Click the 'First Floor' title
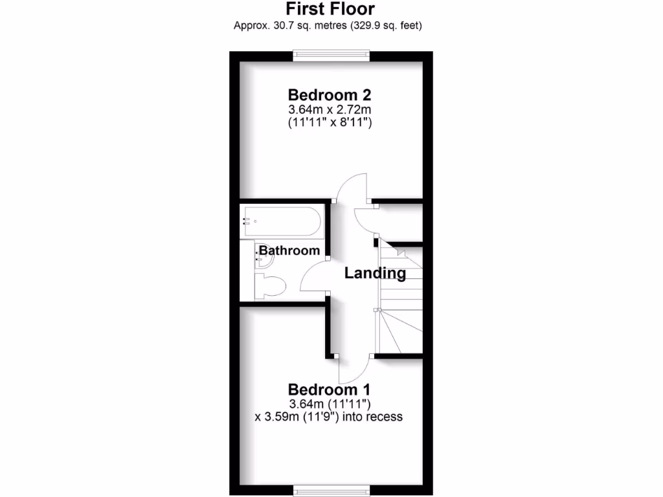pyautogui.click(x=331, y=9)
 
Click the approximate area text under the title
pyautogui.click(x=331, y=26)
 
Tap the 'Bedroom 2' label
pyautogui.click(x=329, y=94)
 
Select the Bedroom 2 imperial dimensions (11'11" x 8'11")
pyautogui.click(x=329, y=122)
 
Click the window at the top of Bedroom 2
pyautogui.click(x=331, y=56)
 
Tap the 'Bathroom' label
pyautogui.click(x=289, y=250)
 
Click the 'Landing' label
pyautogui.click(x=375, y=273)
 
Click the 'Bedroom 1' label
pyautogui.click(x=329, y=390)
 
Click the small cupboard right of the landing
pyautogui.click(x=399, y=221)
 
